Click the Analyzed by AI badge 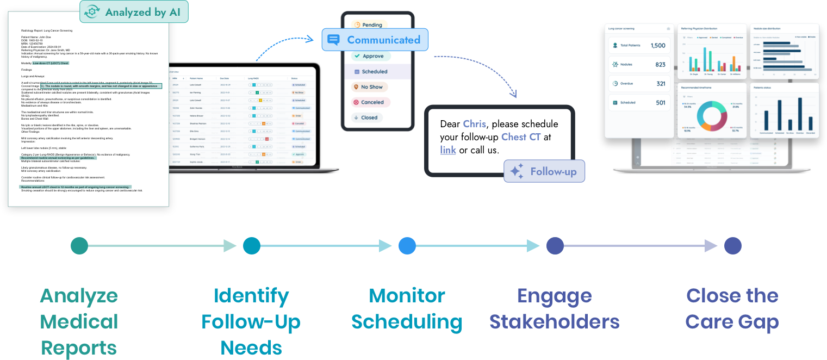(134, 12)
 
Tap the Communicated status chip (375, 40)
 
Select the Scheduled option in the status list (370, 72)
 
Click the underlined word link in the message (448, 150)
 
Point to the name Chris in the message (474, 123)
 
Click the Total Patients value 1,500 (658, 46)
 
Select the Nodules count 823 (660, 65)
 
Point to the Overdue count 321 (660, 84)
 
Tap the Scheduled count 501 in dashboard (660, 103)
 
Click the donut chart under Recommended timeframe (712, 117)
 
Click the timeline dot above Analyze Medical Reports (79, 246)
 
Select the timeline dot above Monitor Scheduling (407, 246)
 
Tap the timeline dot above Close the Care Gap (732, 246)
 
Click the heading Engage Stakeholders (554, 309)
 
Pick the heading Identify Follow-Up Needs (251, 321)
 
